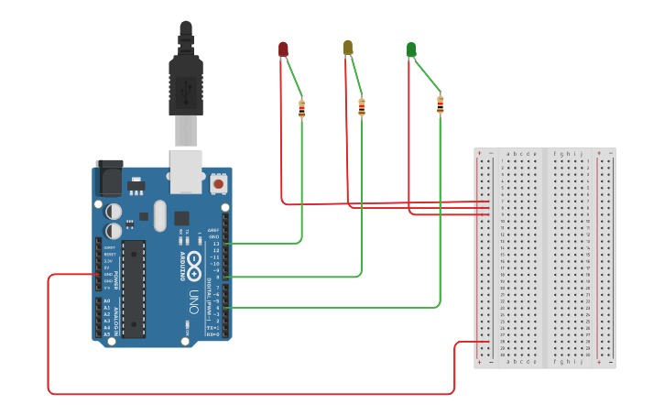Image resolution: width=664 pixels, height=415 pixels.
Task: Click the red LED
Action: coord(283,49)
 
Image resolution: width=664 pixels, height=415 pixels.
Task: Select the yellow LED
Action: coord(347,47)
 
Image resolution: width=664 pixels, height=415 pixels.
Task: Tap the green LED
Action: coord(411,49)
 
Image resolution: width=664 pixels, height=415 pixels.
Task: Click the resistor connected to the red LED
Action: coord(302,110)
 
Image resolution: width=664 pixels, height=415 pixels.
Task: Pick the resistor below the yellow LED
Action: coord(362,108)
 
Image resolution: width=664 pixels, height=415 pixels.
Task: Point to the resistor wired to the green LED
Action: coord(441,106)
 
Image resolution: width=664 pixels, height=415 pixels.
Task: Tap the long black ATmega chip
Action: coord(134,289)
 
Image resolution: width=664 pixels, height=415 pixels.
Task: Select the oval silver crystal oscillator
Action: coord(159,216)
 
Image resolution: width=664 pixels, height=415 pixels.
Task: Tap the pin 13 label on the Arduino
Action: coord(216,244)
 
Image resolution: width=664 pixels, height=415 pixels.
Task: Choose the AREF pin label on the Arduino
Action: coord(213,230)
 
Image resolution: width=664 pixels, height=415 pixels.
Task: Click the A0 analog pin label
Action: coord(106,301)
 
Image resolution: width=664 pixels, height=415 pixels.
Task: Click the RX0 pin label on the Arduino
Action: coord(212,334)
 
